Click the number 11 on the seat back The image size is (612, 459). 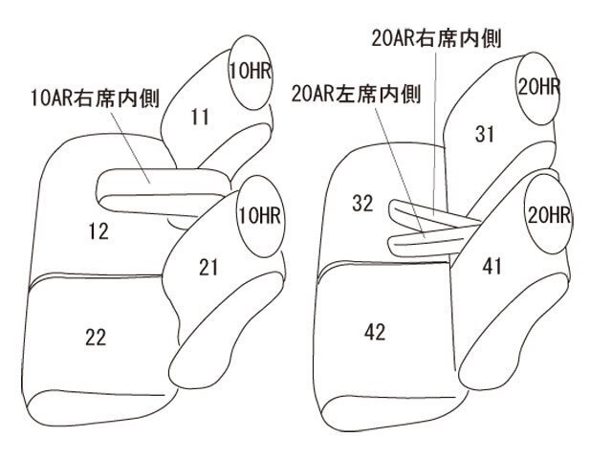click(x=200, y=117)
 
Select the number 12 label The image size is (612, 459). click(x=98, y=231)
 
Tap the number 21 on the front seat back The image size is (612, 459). click(x=208, y=268)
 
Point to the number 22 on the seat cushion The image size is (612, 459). click(x=96, y=338)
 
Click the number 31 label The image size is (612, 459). click(x=485, y=134)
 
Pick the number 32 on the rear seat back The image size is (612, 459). click(x=362, y=204)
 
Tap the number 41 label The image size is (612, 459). click(x=492, y=267)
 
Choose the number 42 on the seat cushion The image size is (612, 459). click(x=375, y=332)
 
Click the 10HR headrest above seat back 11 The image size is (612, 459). click(x=250, y=73)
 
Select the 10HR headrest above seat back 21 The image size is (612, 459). click(x=260, y=216)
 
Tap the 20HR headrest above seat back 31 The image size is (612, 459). click(x=537, y=88)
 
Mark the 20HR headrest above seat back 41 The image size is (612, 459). click(x=548, y=215)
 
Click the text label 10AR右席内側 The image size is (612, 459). click(x=96, y=98)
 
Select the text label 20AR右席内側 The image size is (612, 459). click(x=436, y=38)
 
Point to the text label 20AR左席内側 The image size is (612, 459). click(x=356, y=94)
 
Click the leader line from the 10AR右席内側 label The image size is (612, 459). click(x=130, y=147)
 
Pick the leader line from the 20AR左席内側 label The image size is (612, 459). click(x=401, y=172)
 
